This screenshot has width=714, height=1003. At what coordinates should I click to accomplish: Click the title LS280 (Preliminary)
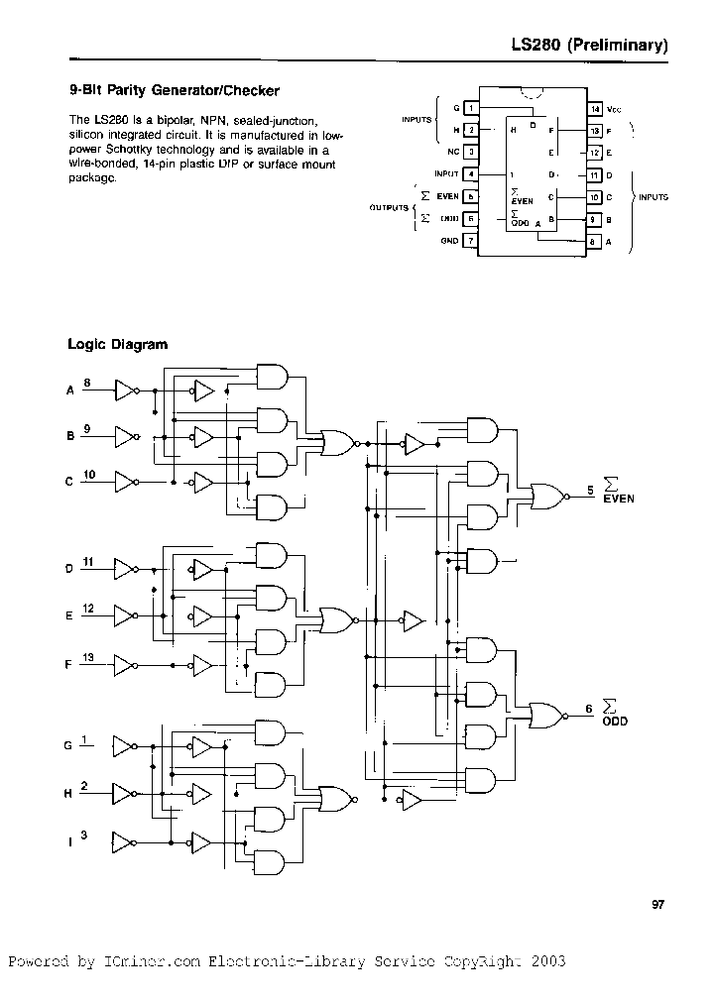(588, 46)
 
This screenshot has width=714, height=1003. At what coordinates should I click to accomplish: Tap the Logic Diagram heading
(117, 345)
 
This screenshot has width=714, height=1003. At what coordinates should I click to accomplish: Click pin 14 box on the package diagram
(595, 108)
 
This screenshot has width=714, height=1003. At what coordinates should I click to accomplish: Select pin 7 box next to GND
(471, 241)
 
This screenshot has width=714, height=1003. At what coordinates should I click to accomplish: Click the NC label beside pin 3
(452, 152)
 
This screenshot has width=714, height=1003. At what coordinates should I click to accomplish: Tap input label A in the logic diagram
(69, 390)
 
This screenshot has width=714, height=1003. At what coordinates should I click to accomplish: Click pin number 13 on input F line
(88, 657)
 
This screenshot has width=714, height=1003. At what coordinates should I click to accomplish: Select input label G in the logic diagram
(69, 744)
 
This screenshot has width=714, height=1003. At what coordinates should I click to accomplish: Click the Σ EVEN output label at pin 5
(617, 492)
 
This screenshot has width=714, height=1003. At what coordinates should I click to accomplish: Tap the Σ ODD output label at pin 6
(616, 714)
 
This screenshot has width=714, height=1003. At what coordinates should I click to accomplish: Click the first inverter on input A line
(126, 390)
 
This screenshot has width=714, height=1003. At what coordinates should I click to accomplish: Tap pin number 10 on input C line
(88, 476)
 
